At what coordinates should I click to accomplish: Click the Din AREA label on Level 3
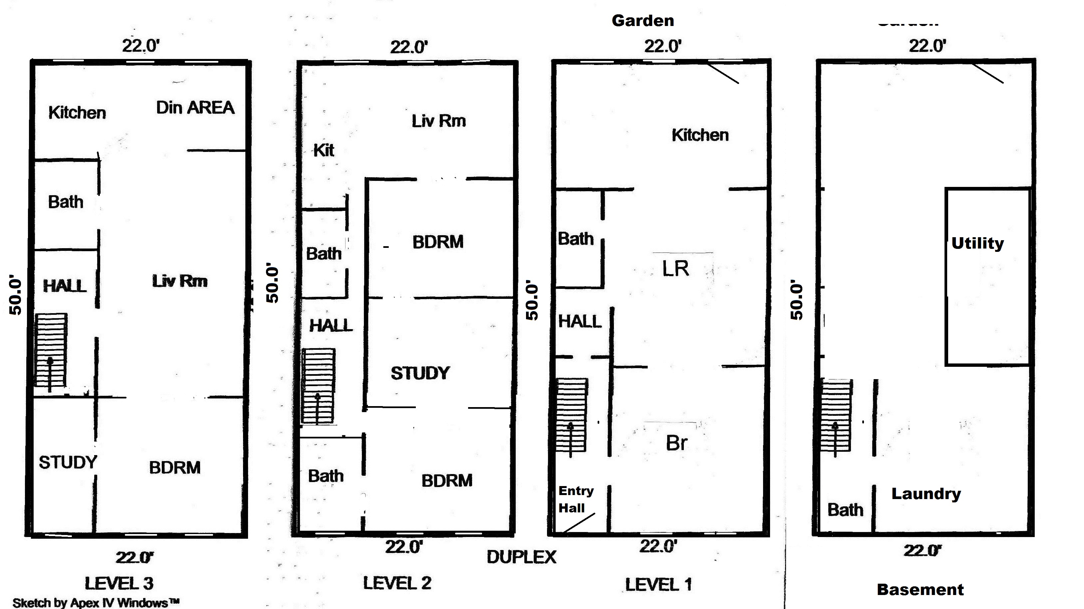[x=195, y=108]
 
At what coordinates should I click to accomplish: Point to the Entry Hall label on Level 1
[x=575, y=499]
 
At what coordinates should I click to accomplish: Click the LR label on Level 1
[x=676, y=269]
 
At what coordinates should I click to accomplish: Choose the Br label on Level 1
[x=676, y=443]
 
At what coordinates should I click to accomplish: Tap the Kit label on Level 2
[x=324, y=150]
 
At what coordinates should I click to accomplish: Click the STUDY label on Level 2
[x=420, y=373]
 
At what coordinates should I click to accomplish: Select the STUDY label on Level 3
[x=68, y=462]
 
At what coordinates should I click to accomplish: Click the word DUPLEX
[x=521, y=557]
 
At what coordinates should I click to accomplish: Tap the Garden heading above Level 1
[x=643, y=21]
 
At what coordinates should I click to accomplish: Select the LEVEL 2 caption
[x=397, y=583]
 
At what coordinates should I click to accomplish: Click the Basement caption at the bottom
[x=920, y=590]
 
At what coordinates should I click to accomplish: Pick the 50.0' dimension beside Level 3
[x=15, y=296]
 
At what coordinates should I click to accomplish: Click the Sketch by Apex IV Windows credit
[x=96, y=603]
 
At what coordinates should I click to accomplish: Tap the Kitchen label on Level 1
[x=700, y=135]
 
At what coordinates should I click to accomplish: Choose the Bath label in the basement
[x=845, y=510]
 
